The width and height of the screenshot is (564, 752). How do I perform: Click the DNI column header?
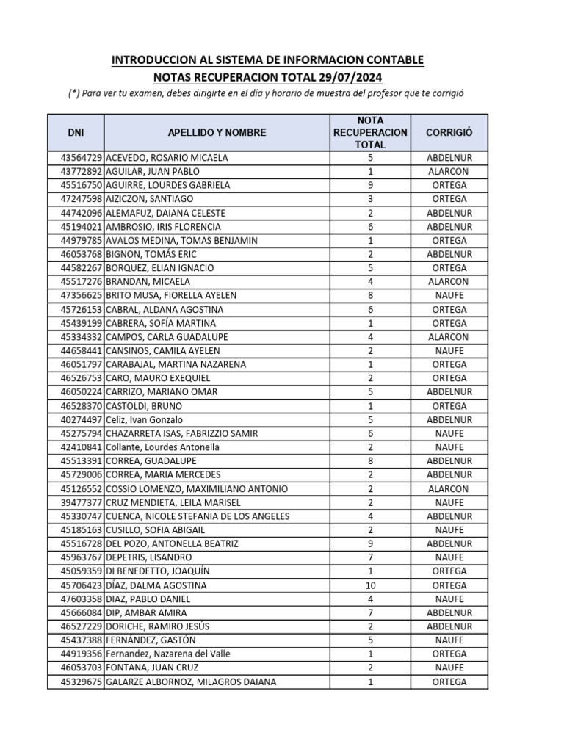tap(76, 133)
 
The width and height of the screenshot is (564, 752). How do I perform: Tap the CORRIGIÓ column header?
tap(449, 133)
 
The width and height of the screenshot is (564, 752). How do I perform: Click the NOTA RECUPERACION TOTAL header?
tap(369, 132)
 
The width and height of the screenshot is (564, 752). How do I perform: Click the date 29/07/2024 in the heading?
tap(350, 77)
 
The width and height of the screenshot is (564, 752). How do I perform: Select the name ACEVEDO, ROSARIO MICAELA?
tap(167, 158)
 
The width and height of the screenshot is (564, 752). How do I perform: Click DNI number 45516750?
tap(82, 185)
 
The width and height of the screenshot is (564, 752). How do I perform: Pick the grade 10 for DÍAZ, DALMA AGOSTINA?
tap(369, 585)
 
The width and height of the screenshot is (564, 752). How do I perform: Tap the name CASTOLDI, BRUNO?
tap(145, 406)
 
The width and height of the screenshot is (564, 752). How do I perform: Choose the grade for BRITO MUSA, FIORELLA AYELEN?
tap(369, 295)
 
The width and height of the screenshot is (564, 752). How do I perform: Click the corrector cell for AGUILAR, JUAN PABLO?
tap(449, 172)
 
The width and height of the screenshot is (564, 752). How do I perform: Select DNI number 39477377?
tap(82, 503)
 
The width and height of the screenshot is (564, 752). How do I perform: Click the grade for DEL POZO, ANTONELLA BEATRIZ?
tap(369, 544)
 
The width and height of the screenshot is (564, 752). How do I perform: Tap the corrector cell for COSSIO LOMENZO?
tap(449, 489)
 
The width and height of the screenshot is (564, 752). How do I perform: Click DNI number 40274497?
tap(82, 420)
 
